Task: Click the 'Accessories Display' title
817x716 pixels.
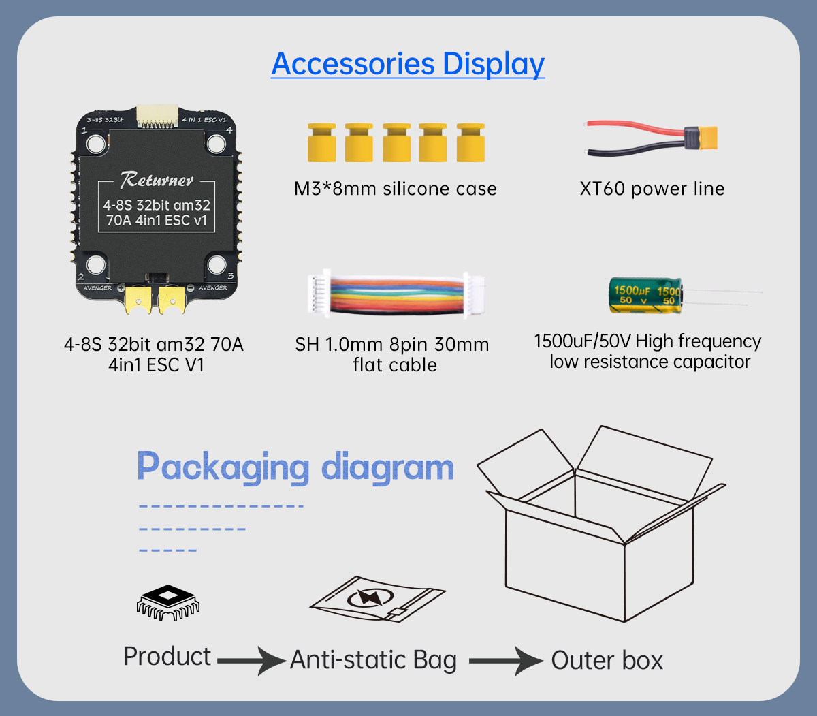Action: tap(408, 63)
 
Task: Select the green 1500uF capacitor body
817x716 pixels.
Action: tap(645, 295)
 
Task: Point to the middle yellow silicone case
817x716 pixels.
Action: tap(396, 142)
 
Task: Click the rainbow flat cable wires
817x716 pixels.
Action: tap(397, 294)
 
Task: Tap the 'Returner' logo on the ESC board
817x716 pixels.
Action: tap(157, 180)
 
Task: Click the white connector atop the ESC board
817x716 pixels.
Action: tap(157, 116)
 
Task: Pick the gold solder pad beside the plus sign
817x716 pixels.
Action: tap(138, 300)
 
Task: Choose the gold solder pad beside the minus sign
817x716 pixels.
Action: tap(172, 300)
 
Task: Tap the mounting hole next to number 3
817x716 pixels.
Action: tap(217, 264)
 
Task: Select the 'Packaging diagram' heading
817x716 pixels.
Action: tap(295, 467)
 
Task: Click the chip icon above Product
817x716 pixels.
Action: tap(167, 602)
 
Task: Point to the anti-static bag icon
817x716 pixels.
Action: tap(378, 599)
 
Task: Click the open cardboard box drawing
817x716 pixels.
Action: tap(601, 523)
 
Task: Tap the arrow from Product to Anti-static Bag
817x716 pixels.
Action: tap(252, 661)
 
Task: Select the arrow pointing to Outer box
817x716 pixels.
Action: tap(507, 661)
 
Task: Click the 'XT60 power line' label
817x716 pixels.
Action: tap(652, 189)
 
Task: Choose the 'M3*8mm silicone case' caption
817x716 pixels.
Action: tap(396, 189)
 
